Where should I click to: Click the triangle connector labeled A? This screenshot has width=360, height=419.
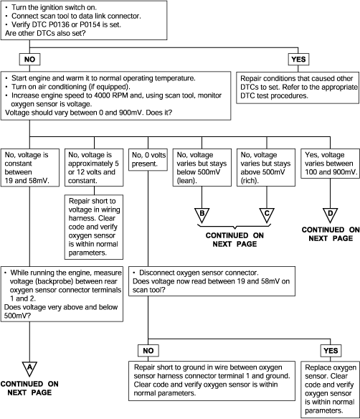coord(29,369)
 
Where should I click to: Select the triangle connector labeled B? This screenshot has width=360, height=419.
coord(202,215)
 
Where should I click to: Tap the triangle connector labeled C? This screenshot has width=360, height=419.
coord(267,215)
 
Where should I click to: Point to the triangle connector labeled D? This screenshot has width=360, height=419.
coord(330,215)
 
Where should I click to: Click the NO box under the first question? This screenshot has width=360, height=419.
coord(29,59)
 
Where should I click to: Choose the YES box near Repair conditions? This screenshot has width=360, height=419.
coord(298,59)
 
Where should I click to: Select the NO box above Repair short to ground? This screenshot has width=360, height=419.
coord(148,350)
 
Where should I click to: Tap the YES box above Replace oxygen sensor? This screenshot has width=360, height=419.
coord(331,350)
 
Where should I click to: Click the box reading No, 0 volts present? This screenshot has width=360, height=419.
coord(148,159)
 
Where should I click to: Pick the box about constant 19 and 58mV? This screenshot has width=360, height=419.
coord(30,168)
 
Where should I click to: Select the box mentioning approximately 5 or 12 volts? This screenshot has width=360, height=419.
coord(94,168)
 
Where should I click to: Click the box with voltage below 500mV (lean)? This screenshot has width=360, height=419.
coord(202,168)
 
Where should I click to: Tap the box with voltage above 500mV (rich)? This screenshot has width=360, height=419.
coord(266,168)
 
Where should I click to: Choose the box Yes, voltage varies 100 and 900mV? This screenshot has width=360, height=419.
coord(331,164)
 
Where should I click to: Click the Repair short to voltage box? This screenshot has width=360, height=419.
coord(94,227)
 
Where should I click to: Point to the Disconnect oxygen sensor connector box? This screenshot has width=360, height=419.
coord(212,281)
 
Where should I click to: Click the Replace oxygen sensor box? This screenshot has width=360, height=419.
coord(331,390)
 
